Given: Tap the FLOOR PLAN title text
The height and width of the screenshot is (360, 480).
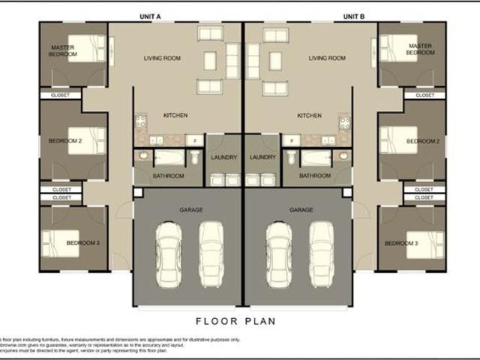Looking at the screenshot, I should click(236, 321).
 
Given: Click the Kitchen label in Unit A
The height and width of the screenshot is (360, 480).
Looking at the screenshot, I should click(175, 115).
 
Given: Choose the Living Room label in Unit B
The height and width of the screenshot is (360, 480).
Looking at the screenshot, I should click(327, 58).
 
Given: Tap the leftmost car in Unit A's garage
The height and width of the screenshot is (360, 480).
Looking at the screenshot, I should click(168, 255).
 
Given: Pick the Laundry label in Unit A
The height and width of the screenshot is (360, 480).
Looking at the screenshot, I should click(224, 157).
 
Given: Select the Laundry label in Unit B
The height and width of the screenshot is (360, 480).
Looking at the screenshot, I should click(262, 157).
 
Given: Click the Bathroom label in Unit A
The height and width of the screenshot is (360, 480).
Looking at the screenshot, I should click(169, 176).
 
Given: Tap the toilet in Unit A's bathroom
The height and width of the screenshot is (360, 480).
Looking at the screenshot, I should click(194, 157).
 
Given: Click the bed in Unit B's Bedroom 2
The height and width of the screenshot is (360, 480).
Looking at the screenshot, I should click(393, 139).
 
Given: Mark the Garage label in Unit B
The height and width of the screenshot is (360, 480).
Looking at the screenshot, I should click(301, 211).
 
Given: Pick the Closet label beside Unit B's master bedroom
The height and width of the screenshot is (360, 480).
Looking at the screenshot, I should click(424, 95).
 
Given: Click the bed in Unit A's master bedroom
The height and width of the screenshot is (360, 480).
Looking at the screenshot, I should click(88, 49).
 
